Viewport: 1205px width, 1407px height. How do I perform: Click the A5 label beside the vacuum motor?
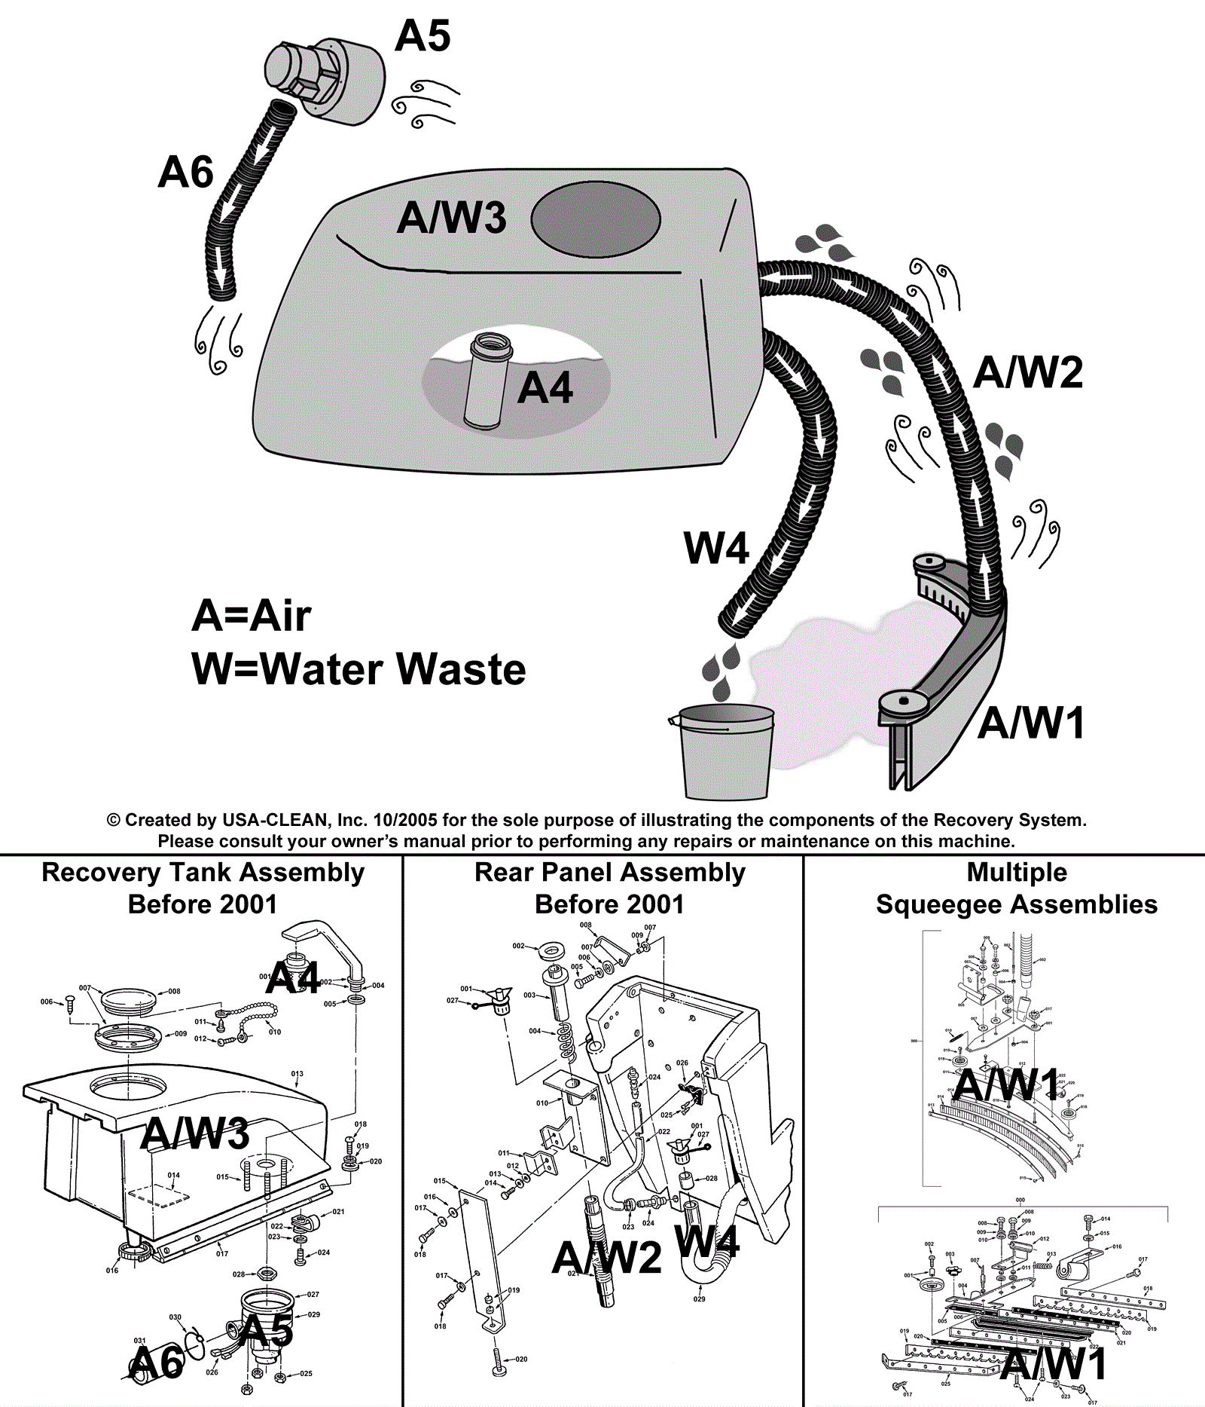423,36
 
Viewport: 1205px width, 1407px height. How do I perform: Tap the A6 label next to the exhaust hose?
185,173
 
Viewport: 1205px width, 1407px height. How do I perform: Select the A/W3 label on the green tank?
451,218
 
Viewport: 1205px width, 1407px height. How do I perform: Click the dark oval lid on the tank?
596,219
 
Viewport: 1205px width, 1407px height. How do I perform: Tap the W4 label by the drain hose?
715,548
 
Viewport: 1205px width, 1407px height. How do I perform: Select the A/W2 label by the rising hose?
1027,372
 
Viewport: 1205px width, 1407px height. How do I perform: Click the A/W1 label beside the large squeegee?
1031,723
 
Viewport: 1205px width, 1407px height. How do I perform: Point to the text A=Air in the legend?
251,616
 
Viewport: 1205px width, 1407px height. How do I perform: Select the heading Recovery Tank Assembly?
203,873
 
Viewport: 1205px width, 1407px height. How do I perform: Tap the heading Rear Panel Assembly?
609,873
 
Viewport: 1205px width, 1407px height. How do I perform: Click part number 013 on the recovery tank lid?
297,1074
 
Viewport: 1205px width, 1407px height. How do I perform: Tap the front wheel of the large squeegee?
902,702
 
